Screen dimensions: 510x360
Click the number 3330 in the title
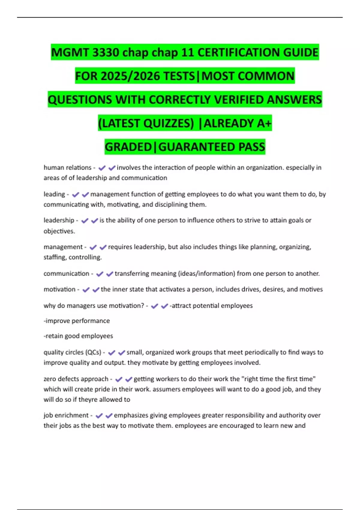click(106, 52)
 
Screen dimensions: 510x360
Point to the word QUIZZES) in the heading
click(169, 123)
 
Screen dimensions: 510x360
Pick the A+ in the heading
click(264, 123)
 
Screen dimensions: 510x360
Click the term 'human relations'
click(67, 167)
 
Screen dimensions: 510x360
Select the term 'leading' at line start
click(54, 194)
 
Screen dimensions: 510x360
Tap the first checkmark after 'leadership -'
click(85, 221)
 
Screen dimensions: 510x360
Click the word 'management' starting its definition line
click(63, 247)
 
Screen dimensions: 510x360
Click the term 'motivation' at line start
click(59, 289)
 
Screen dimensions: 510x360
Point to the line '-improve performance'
click(77, 321)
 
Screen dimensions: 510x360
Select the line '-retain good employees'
click(78, 336)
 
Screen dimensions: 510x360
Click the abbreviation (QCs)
click(93, 352)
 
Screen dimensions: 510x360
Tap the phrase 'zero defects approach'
click(76, 379)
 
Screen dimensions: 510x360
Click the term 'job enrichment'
click(66, 415)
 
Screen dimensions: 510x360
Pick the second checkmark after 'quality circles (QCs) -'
click(121, 352)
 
